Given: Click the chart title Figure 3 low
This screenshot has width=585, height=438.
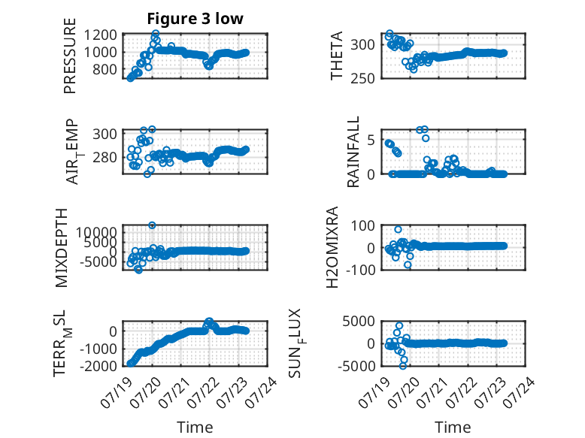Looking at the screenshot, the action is (x=195, y=19).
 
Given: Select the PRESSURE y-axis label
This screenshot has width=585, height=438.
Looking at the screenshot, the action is (x=70, y=56).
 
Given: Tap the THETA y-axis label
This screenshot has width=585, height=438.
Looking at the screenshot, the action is (x=337, y=56).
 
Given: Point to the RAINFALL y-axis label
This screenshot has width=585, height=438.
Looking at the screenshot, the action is (x=353, y=151).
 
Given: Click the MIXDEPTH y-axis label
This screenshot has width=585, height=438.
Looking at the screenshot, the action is (x=62, y=248).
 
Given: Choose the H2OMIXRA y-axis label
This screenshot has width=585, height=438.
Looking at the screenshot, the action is (x=332, y=247).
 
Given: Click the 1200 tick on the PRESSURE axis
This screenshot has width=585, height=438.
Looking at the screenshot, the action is (x=100, y=35).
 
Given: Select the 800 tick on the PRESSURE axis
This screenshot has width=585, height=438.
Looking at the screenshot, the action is (x=104, y=69).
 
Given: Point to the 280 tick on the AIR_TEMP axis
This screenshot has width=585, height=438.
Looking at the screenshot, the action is (x=105, y=157).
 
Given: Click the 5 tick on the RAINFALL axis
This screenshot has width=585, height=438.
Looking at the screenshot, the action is (x=371, y=140).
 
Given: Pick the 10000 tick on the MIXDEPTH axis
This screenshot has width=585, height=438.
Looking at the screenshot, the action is (x=96, y=233).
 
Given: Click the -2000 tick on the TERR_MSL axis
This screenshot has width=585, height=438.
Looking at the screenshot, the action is (x=98, y=366).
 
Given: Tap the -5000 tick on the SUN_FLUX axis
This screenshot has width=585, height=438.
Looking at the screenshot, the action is (x=356, y=366).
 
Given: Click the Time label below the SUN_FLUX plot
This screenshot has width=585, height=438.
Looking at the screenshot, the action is (x=453, y=427).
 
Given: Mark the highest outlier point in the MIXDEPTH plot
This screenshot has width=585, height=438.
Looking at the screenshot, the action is (x=152, y=225).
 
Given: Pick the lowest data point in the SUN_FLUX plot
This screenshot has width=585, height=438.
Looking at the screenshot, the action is (x=402, y=366).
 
